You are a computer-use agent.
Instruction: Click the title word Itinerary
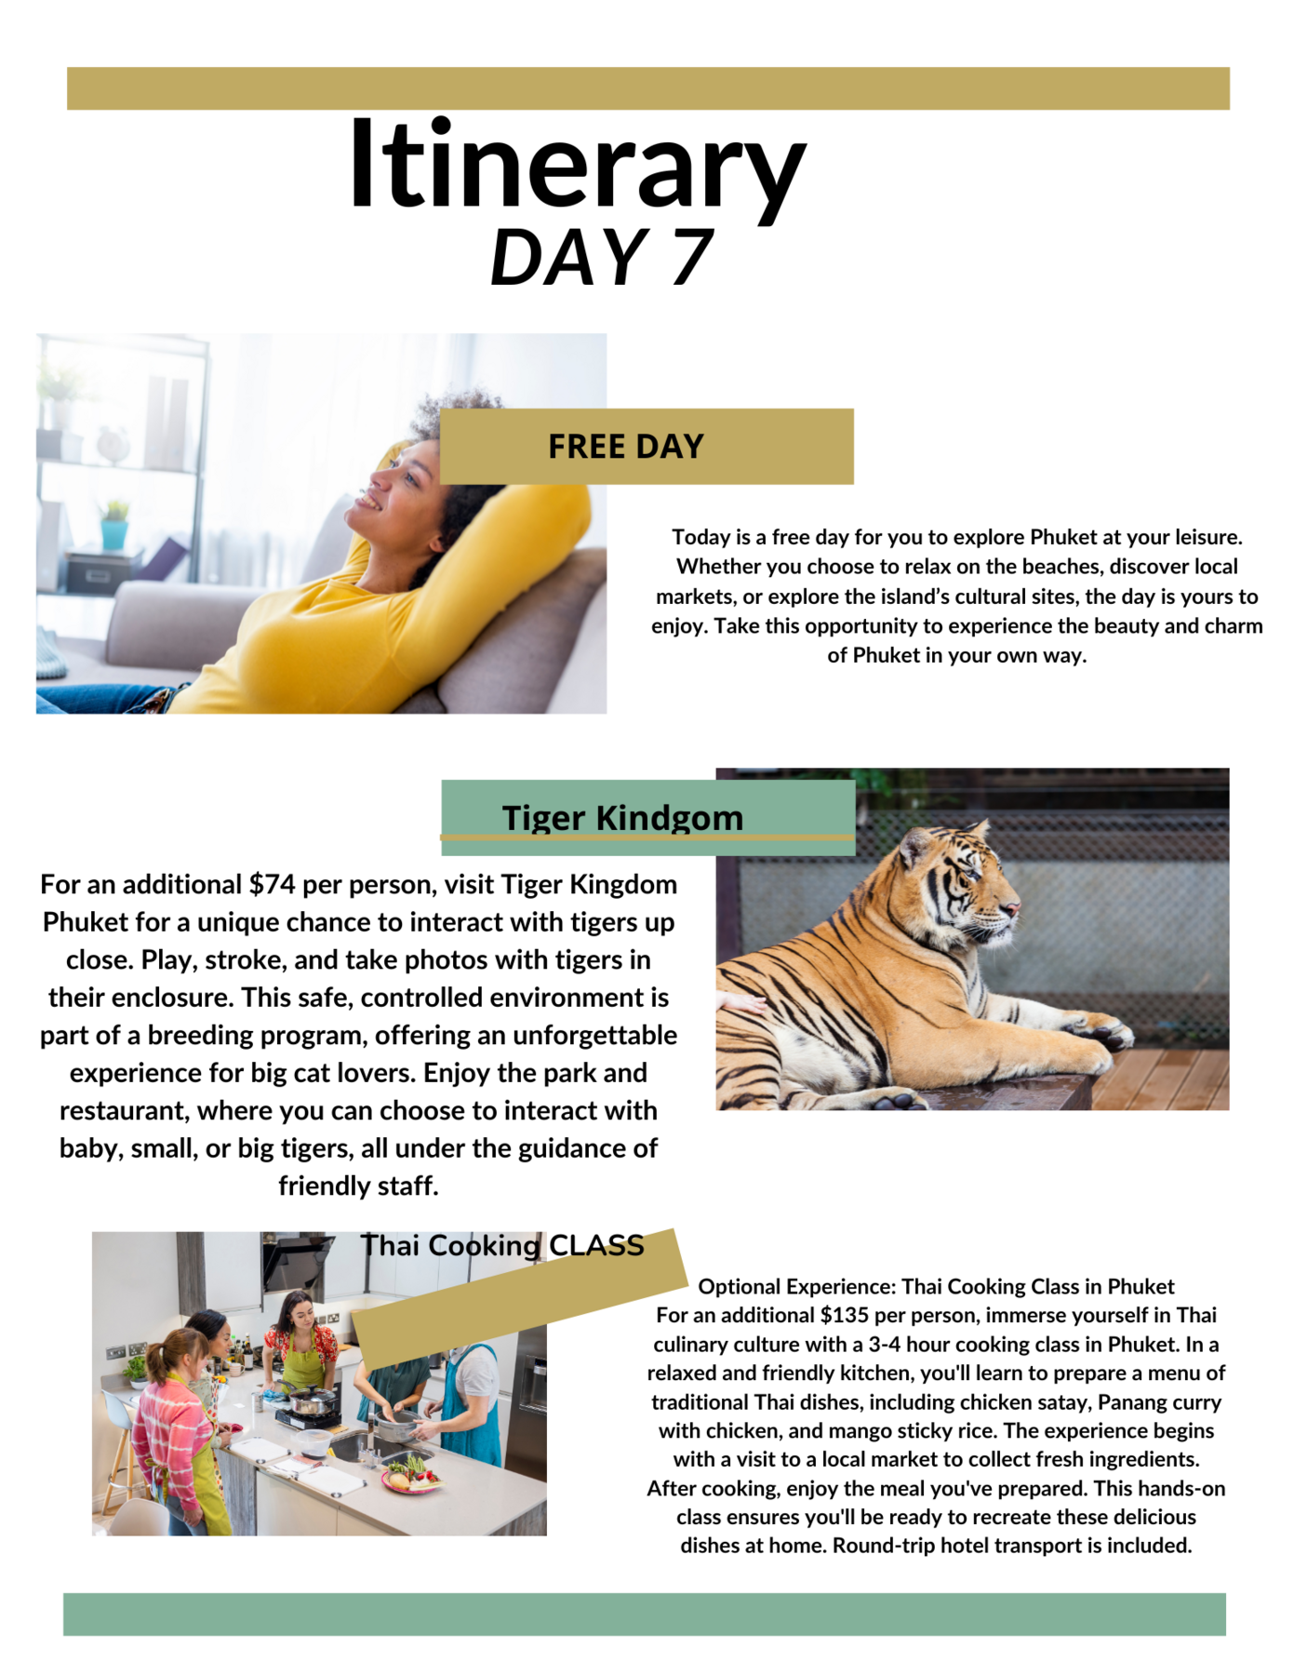click(x=577, y=167)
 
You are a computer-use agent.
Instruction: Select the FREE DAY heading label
click(x=625, y=447)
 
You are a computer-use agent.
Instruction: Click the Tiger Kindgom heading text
click(x=622, y=817)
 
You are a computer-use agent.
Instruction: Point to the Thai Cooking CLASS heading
click(x=502, y=1245)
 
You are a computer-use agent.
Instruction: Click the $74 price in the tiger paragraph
click(x=272, y=884)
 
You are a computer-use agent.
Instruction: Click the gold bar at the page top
click(x=647, y=88)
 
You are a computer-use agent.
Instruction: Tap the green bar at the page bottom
click(x=644, y=1615)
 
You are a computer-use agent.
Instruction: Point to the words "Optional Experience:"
click(x=796, y=1286)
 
